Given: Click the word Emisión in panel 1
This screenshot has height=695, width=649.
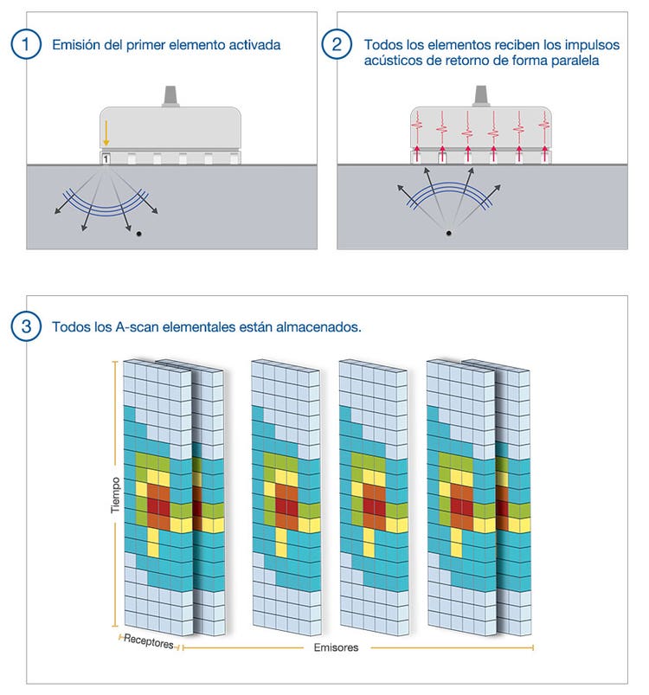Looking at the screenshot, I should click(x=77, y=45).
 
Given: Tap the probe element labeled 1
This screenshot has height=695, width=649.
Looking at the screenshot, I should click(x=106, y=158).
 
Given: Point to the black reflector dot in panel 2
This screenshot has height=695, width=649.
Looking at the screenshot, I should click(x=447, y=233).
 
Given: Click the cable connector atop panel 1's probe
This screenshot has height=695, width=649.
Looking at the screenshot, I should click(x=170, y=94).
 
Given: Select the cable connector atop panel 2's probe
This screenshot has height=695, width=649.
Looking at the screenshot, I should click(x=481, y=94).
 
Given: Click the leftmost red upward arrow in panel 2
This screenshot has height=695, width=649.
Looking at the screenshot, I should click(x=417, y=155).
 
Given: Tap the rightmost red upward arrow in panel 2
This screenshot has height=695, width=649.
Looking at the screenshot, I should click(x=545, y=155).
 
